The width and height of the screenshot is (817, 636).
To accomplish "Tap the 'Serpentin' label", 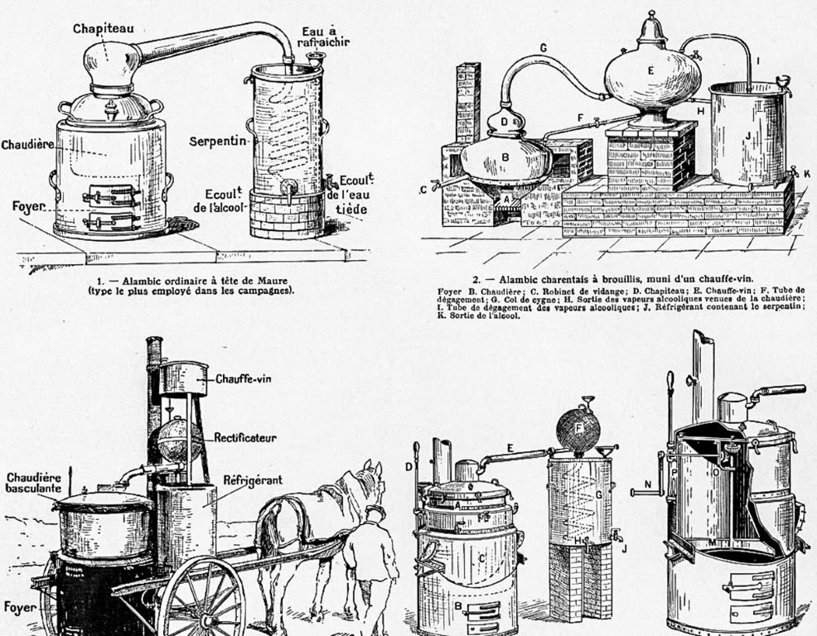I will pos(218,141).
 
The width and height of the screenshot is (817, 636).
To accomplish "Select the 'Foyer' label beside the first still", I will pos(21,202).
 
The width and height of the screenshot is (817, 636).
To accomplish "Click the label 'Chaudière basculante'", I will pos(33,483).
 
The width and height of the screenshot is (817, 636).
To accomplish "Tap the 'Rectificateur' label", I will pos(245,437).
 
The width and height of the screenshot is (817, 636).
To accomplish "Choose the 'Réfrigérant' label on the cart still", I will pos(253,479).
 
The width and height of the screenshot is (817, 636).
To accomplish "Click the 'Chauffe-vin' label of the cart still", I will pos(244,380).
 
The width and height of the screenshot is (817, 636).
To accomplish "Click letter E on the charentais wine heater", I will pos(650,71).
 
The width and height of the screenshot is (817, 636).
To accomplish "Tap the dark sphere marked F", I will pos(578,430).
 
